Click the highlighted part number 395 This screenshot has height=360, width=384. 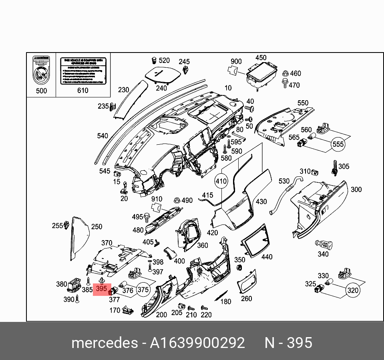coord(102,289)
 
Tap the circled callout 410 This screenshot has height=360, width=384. coord(221,181)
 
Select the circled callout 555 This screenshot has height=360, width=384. coord(338,144)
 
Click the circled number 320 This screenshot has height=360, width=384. coord(353,291)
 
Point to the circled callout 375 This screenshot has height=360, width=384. coord(143,289)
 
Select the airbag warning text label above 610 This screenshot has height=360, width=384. coord(82,71)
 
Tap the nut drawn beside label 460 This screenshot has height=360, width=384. coord(285,74)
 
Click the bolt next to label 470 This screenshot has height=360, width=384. coord(285,85)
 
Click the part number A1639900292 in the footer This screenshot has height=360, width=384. coord(197,343)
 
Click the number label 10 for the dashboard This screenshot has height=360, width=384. coord(228,88)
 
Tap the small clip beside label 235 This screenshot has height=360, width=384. coord(113,107)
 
